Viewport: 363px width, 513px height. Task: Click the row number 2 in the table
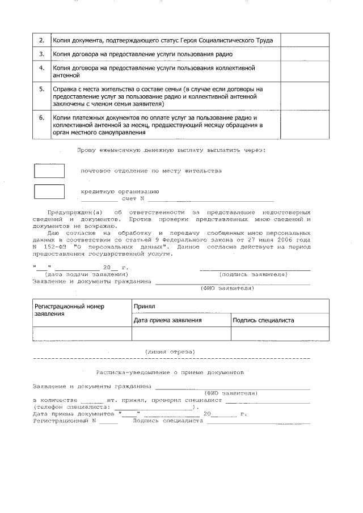(x=41, y=40)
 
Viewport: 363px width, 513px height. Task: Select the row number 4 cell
(x=41, y=68)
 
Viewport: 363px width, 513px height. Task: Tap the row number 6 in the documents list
(x=41, y=118)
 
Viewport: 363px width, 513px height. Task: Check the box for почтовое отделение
(x=49, y=171)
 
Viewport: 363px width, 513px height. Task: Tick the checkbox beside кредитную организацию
(x=49, y=192)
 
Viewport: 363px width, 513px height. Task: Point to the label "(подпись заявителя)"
(x=253, y=274)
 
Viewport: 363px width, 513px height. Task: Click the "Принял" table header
(x=144, y=306)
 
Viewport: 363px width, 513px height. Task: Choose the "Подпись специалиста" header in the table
(x=263, y=320)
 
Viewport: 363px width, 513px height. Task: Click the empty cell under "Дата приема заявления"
(x=181, y=334)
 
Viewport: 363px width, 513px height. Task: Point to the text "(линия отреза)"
(x=170, y=351)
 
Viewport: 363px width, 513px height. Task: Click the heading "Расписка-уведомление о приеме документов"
(x=170, y=374)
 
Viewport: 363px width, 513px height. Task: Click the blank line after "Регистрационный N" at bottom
(x=108, y=422)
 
